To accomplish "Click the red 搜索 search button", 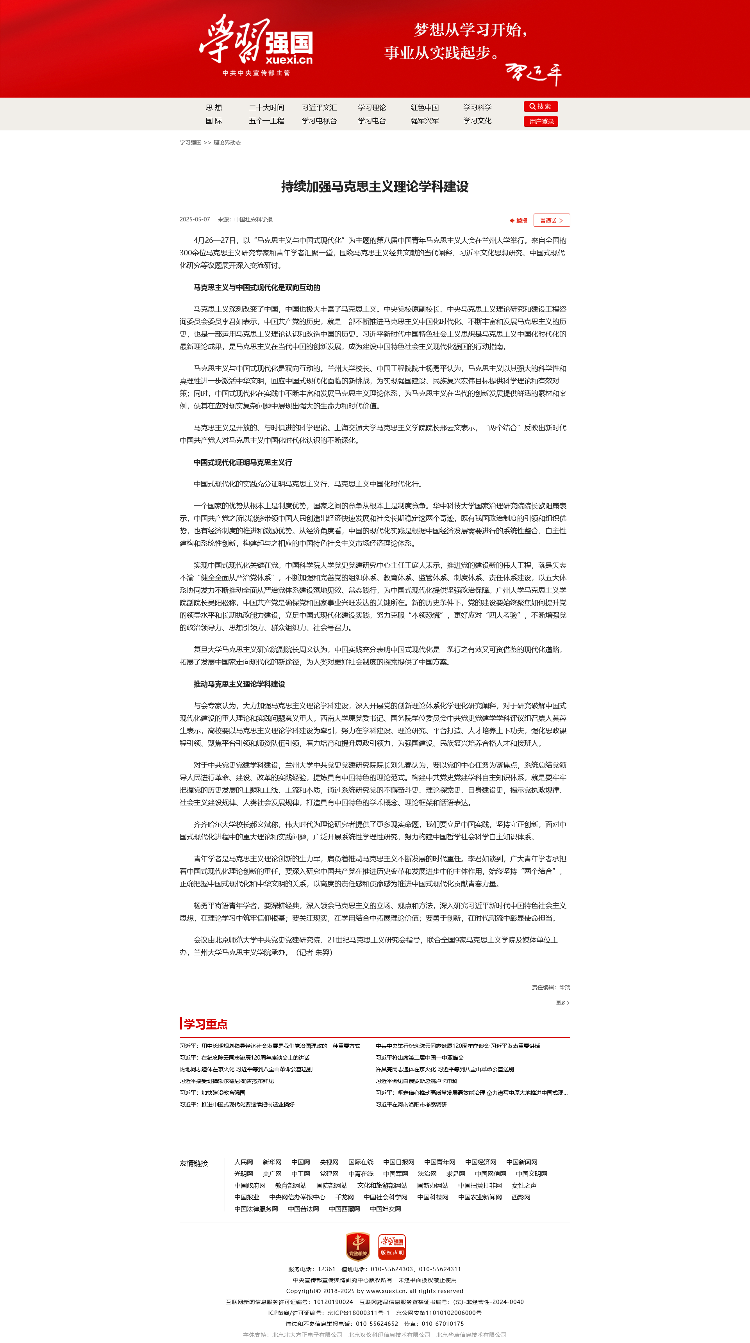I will (540, 106).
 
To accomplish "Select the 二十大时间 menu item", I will (266, 107).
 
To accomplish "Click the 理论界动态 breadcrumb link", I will (227, 142).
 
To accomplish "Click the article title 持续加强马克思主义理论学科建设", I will (375, 187).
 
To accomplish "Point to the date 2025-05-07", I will (195, 219).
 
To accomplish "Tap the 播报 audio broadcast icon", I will (518, 221).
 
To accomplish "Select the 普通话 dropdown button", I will (551, 221).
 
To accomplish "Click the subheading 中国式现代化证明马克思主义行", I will (243, 463).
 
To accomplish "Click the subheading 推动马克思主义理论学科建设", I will (239, 684).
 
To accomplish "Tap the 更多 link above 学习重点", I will (562, 1003).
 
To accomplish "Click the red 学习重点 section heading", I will (205, 1024).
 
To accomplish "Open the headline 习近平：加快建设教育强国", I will (212, 1093).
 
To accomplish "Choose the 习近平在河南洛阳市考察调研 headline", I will (411, 1104).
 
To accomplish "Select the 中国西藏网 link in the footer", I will (344, 1209).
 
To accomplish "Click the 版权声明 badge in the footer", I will (392, 1247).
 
